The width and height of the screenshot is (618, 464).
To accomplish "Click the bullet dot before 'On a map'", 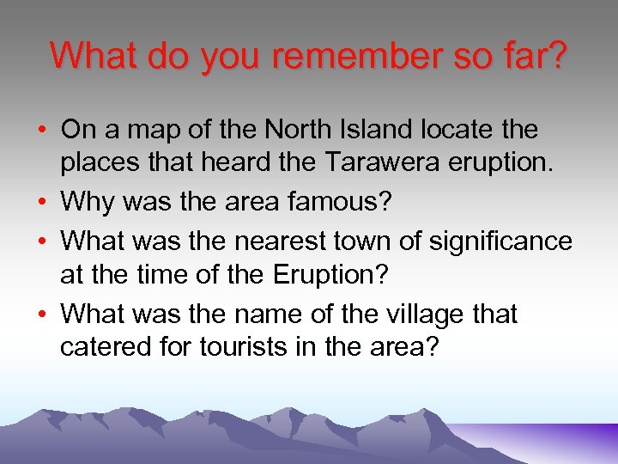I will (42, 131).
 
